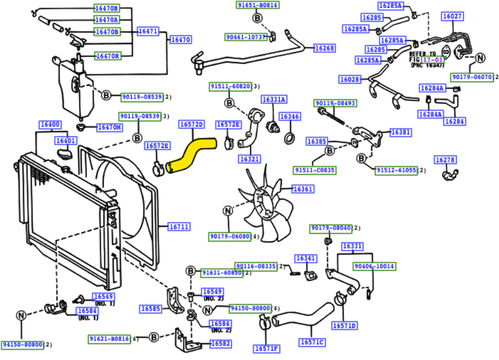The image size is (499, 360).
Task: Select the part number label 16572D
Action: [x=191, y=125]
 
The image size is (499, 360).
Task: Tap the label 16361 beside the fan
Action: [x=303, y=189]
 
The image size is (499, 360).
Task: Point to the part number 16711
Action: [x=178, y=226]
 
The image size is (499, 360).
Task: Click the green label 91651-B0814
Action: [x=257, y=5]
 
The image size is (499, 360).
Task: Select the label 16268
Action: [x=324, y=48]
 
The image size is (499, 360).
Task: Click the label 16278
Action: [x=445, y=160]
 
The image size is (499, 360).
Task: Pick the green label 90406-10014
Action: [x=374, y=266]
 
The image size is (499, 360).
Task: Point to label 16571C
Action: [x=311, y=342]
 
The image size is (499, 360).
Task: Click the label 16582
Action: [x=220, y=344]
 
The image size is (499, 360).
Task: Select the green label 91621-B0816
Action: [x=109, y=338]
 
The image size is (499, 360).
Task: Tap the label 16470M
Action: [x=109, y=127]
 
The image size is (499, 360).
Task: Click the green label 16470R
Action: [x=107, y=55]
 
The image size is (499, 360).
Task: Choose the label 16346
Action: [x=289, y=116]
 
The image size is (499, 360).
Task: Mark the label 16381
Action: [x=401, y=132]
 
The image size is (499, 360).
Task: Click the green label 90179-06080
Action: [x=230, y=237]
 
